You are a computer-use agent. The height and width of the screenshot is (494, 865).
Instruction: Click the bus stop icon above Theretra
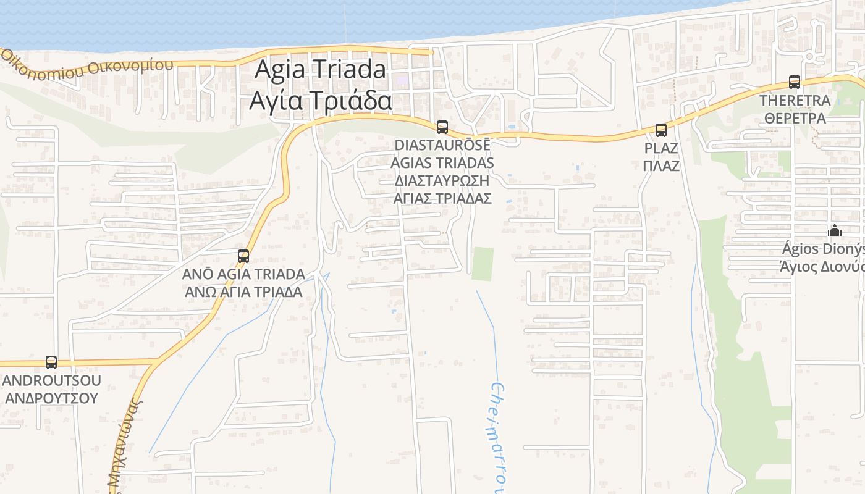[795, 82]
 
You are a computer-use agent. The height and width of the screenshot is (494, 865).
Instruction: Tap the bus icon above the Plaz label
[661, 130]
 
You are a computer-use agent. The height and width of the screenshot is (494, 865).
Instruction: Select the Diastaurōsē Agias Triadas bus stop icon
[442, 127]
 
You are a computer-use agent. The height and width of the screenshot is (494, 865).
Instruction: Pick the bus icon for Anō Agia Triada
[243, 256]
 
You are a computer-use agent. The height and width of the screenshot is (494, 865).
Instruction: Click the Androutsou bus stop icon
[51, 362]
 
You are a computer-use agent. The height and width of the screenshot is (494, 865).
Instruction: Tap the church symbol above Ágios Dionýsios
[835, 231]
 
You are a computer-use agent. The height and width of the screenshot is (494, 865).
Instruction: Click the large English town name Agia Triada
[320, 69]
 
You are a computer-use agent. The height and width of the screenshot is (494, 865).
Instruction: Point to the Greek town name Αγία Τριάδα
[320, 100]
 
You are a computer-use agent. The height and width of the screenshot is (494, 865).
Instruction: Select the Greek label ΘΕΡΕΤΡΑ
[795, 117]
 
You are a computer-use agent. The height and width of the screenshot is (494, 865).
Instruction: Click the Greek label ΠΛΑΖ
[661, 165]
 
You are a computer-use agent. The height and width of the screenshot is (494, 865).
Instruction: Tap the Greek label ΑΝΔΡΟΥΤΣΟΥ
[51, 398]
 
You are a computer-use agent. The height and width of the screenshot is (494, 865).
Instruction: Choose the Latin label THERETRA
[795, 100]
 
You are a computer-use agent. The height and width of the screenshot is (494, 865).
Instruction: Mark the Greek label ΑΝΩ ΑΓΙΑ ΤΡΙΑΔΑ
[243, 291]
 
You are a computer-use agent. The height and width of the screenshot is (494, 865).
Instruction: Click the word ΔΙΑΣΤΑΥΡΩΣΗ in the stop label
[442, 180]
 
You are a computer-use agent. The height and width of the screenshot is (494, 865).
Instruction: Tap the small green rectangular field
[483, 264]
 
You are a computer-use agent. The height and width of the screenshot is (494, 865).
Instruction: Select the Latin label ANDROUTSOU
[51, 380]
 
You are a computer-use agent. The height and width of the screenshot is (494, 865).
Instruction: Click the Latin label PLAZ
[661, 148]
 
